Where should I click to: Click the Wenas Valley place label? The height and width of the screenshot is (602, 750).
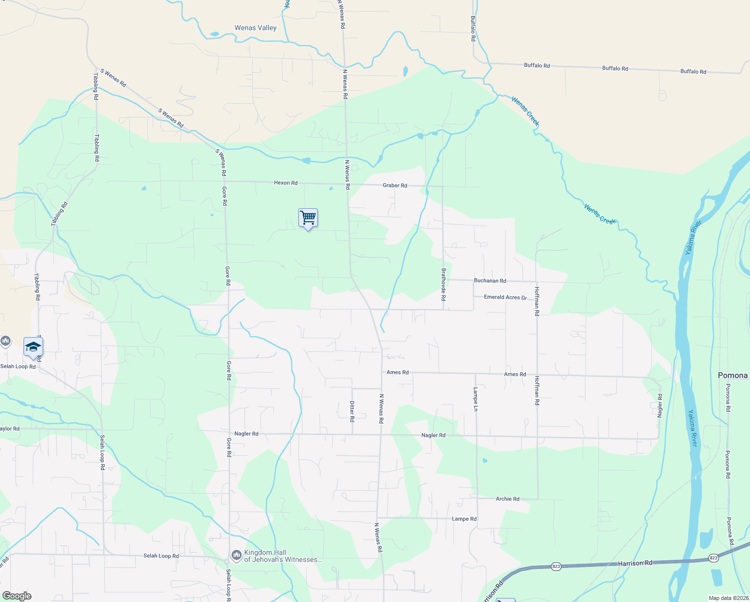(x=256, y=28)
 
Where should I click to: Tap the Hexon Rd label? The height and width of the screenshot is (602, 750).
(x=286, y=183)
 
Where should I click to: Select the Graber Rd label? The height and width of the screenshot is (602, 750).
(x=395, y=186)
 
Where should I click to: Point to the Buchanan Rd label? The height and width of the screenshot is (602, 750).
(x=490, y=281)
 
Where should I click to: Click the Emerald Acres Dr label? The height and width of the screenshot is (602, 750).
(x=505, y=297)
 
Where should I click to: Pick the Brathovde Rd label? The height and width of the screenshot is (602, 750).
(x=444, y=284)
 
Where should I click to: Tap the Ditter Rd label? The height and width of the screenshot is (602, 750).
(x=352, y=411)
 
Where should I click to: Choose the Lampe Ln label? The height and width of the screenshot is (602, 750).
(x=476, y=399)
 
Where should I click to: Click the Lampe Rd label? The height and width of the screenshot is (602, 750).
(x=464, y=519)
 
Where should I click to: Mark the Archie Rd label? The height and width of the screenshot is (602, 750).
(x=507, y=499)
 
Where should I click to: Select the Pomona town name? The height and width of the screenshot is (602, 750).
(x=732, y=376)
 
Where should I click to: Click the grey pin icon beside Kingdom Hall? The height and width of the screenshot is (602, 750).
(x=236, y=555)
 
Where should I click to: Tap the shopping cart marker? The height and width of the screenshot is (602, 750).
(x=308, y=218)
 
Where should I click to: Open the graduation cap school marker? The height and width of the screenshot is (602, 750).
(x=33, y=347)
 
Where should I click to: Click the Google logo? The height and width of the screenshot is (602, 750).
(x=17, y=596)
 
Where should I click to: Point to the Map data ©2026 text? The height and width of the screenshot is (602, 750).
(x=728, y=598)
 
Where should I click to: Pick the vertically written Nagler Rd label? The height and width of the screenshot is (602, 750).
(x=660, y=405)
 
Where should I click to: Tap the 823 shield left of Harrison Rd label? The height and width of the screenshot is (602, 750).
(x=556, y=566)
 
